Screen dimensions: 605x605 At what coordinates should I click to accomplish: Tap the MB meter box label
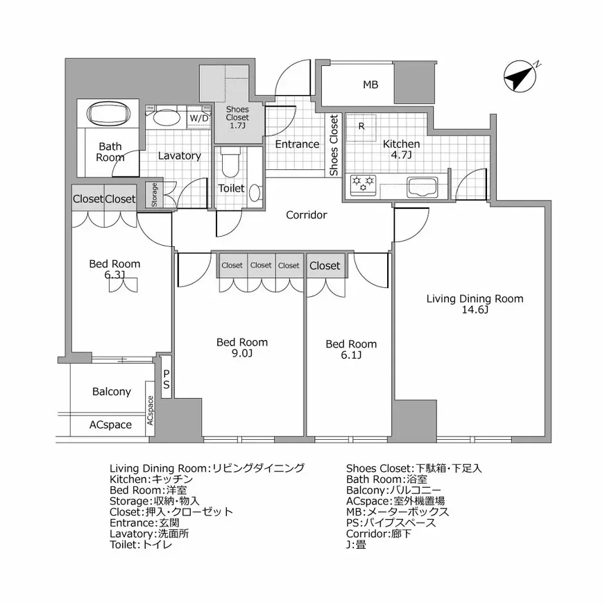pyautogui.click(x=370, y=85)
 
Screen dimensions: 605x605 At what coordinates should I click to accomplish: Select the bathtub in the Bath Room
pyautogui.click(x=110, y=114)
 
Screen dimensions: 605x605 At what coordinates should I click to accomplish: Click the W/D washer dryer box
pyautogui.click(x=199, y=119)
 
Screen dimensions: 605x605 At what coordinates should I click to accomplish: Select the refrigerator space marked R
pyautogui.click(x=361, y=127)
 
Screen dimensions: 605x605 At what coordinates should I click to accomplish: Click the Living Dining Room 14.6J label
pyautogui.click(x=475, y=304)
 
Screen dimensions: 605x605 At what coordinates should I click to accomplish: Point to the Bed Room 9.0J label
pyautogui.click(x=242, y=348)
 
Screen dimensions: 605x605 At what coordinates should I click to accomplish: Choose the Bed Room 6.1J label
pyautogui.click(x=351, y=349)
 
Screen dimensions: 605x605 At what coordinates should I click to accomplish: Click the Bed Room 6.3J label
pyautogui.click(x=114, y=269)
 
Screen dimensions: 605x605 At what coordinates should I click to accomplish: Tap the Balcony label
pyautogui.click(x=112, y=392)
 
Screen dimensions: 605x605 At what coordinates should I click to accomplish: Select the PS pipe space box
pyautogui.click(x=167, y=379)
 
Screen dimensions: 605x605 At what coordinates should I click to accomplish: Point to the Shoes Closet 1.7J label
pyautogui.click(x=237, y=118)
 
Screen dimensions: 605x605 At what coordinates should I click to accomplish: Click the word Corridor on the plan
pyautogui.click(x=306, y=215)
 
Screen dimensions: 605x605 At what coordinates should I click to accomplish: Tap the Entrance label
pyautogui.click(x=297, y=144)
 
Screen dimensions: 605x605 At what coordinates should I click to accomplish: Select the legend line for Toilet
pyautogui.click(x=142, y=545)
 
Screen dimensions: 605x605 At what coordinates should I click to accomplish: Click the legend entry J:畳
pyautogui.click(x=356, y=545)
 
